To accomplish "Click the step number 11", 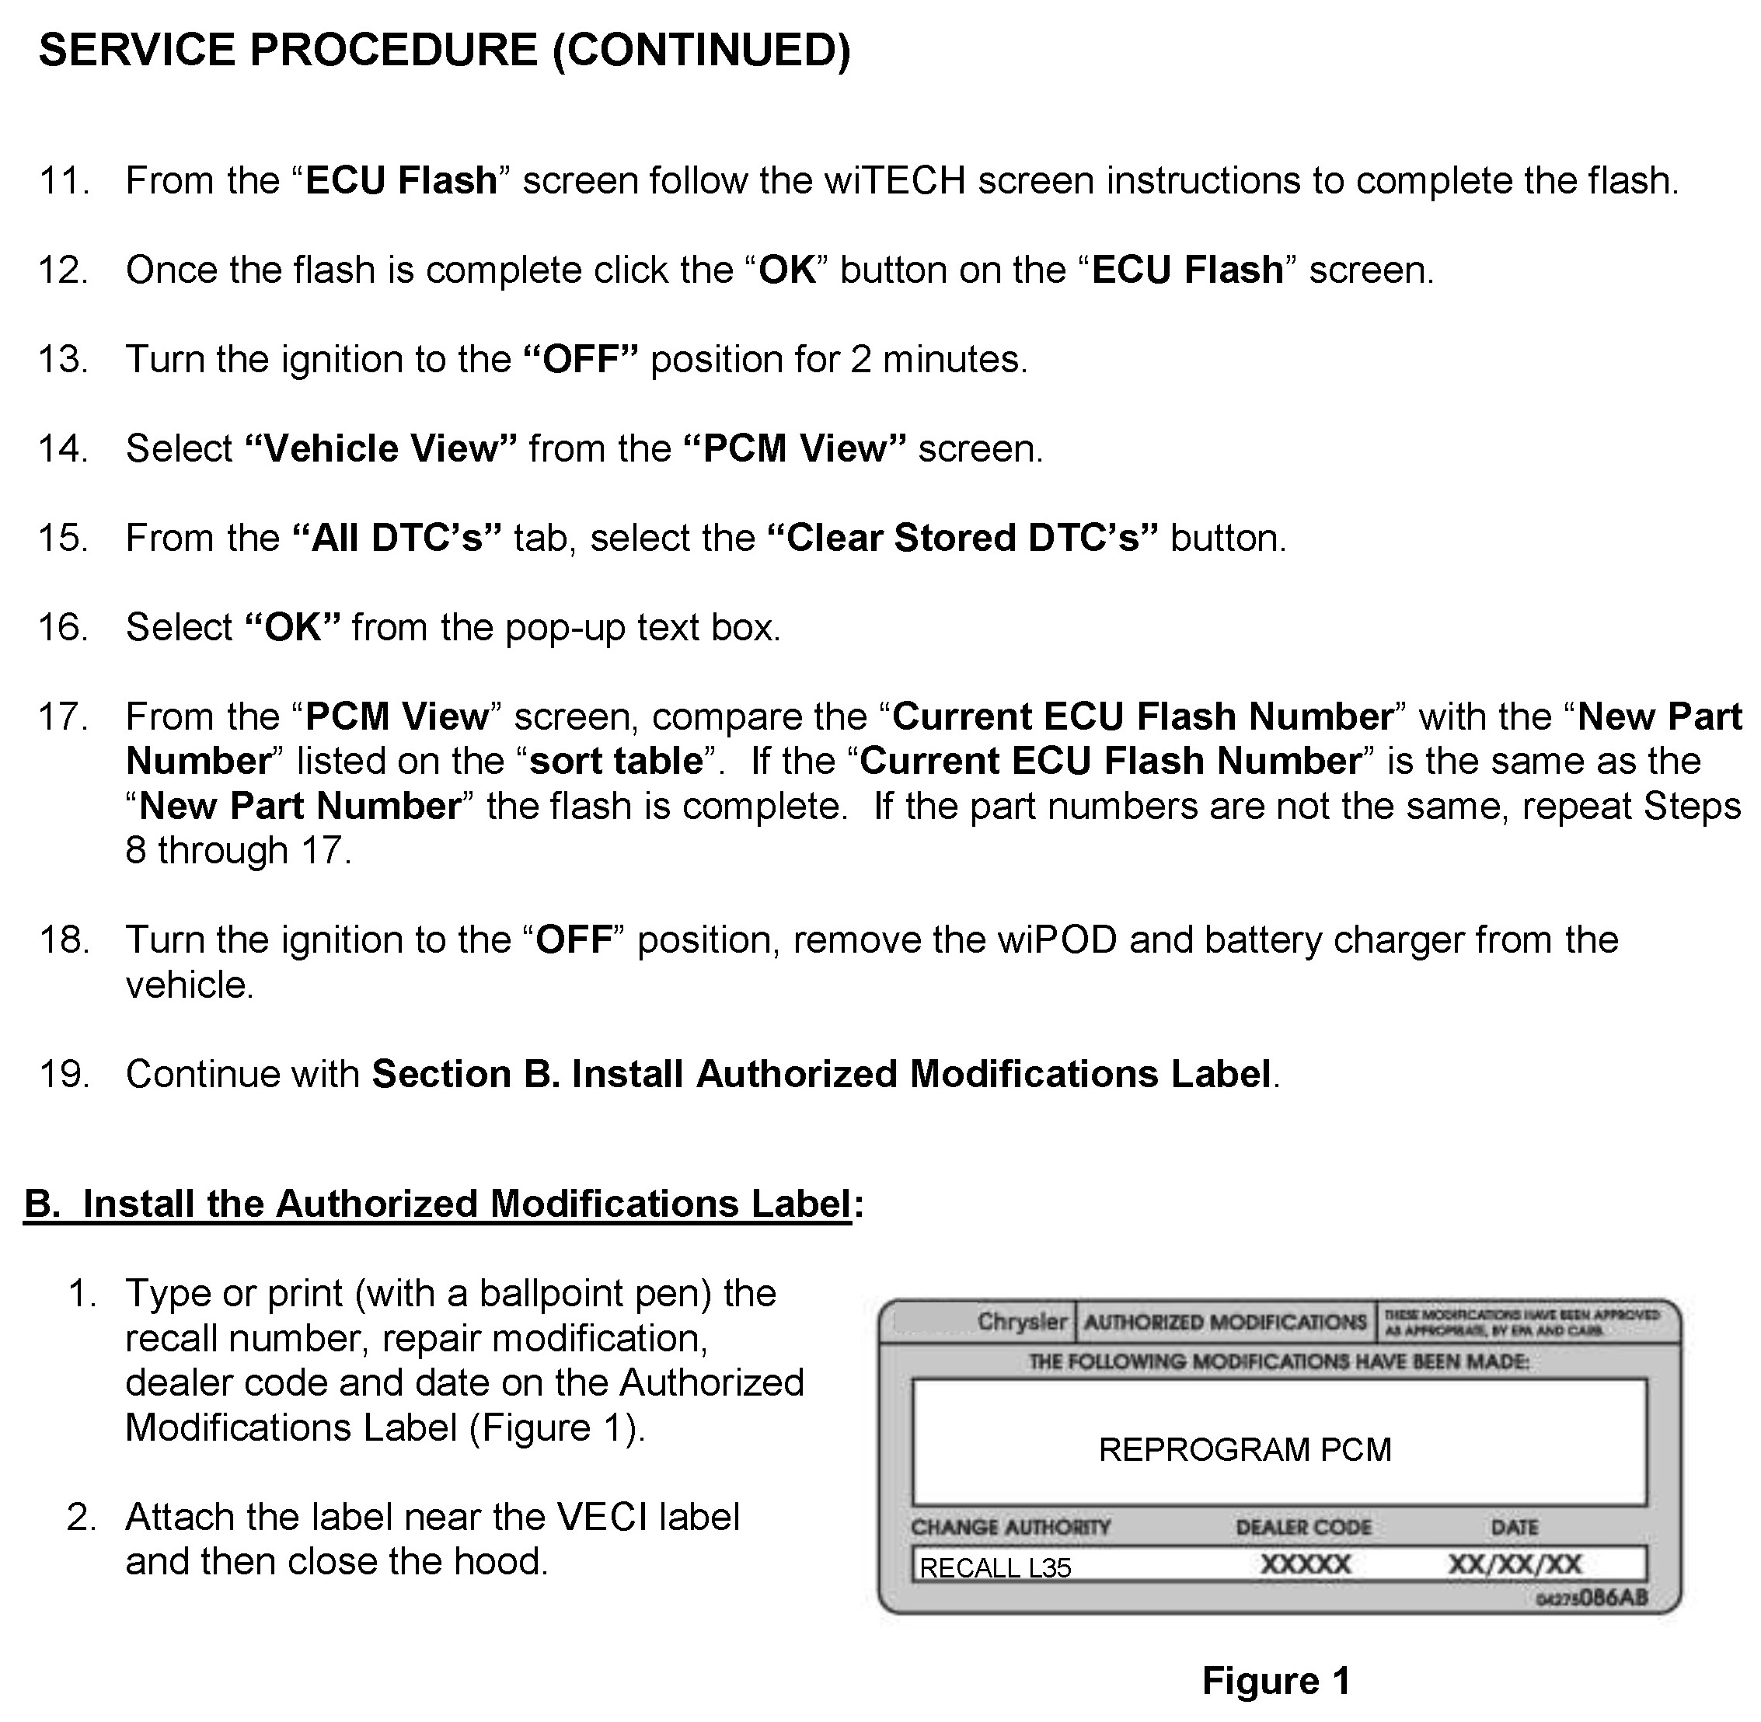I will click(62, 181).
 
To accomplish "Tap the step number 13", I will click(62, 360).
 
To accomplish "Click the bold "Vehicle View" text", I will click(381, 449).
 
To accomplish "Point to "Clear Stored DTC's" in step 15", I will click(962, 538).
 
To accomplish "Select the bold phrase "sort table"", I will click(616, 762).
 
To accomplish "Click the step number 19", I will click(62, 1075).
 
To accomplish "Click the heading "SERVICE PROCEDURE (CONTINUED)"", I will click(444, 51).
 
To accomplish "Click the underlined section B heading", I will click(438, 1204).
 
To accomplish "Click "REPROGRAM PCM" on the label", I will click(1244, 1450).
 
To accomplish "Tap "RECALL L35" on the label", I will click(995, 1567).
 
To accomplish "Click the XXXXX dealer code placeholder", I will click(1305, 1564).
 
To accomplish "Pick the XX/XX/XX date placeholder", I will click(1515, 1564).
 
